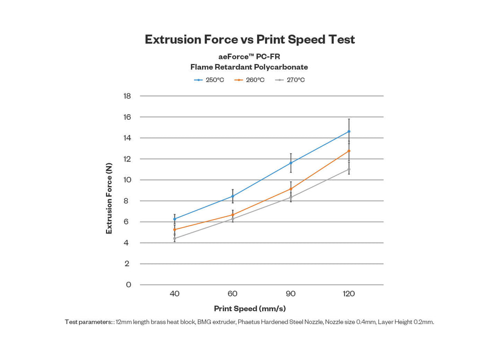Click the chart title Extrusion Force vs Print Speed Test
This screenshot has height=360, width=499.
[249, 39]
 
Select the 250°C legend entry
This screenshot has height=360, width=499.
[209, 80]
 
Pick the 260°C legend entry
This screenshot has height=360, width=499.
[249, 80]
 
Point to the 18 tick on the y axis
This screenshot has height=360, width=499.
[127, 96]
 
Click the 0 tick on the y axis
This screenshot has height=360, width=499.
[128, 285]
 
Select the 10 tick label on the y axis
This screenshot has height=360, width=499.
[127, 180]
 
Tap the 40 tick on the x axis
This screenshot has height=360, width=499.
[175, 294]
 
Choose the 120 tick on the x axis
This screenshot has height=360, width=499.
[349, 294]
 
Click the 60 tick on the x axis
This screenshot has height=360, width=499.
[233, 294]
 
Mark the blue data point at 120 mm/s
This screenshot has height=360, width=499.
[349, 131]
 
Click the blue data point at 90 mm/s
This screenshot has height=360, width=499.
[291, 163]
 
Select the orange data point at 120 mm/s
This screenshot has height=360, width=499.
[349, 151]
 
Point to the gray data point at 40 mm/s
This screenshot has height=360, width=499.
[175, 238]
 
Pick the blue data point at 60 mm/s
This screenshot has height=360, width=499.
[233, 196]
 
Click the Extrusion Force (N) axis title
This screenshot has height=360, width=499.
[109, 199]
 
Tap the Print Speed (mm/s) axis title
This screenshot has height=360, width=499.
[249, 309]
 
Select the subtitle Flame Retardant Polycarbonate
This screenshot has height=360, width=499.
[249, 67]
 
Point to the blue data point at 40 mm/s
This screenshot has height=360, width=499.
[175, 219]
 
